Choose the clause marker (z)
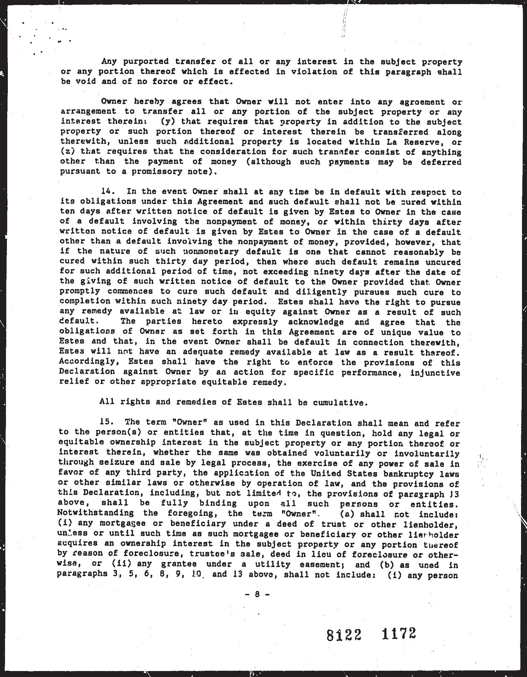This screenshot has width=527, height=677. click(67, 152)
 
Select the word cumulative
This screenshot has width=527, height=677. click(340, 402)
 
